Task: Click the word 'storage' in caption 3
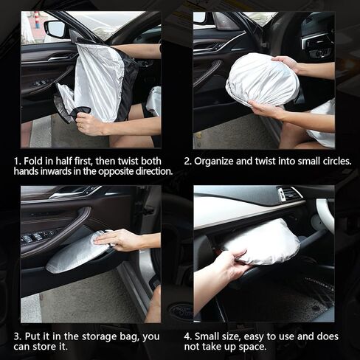(99, 336)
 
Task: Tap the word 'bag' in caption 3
(129, 337)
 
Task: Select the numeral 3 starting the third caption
(16, 336)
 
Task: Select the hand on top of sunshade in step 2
(285, 63)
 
